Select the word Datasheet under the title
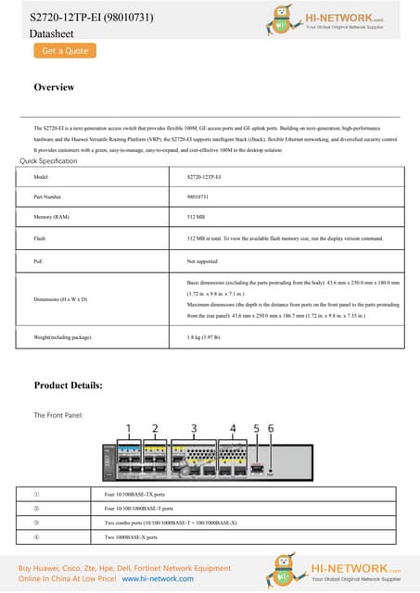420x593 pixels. (51, 33)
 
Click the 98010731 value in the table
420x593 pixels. (197, 197)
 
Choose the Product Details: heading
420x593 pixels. (81, 385)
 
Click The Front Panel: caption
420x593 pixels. (59, 415)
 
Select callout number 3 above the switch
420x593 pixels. (194, 428)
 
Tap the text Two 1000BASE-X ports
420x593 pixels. (132, 536)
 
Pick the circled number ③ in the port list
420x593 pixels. (36, 523)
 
